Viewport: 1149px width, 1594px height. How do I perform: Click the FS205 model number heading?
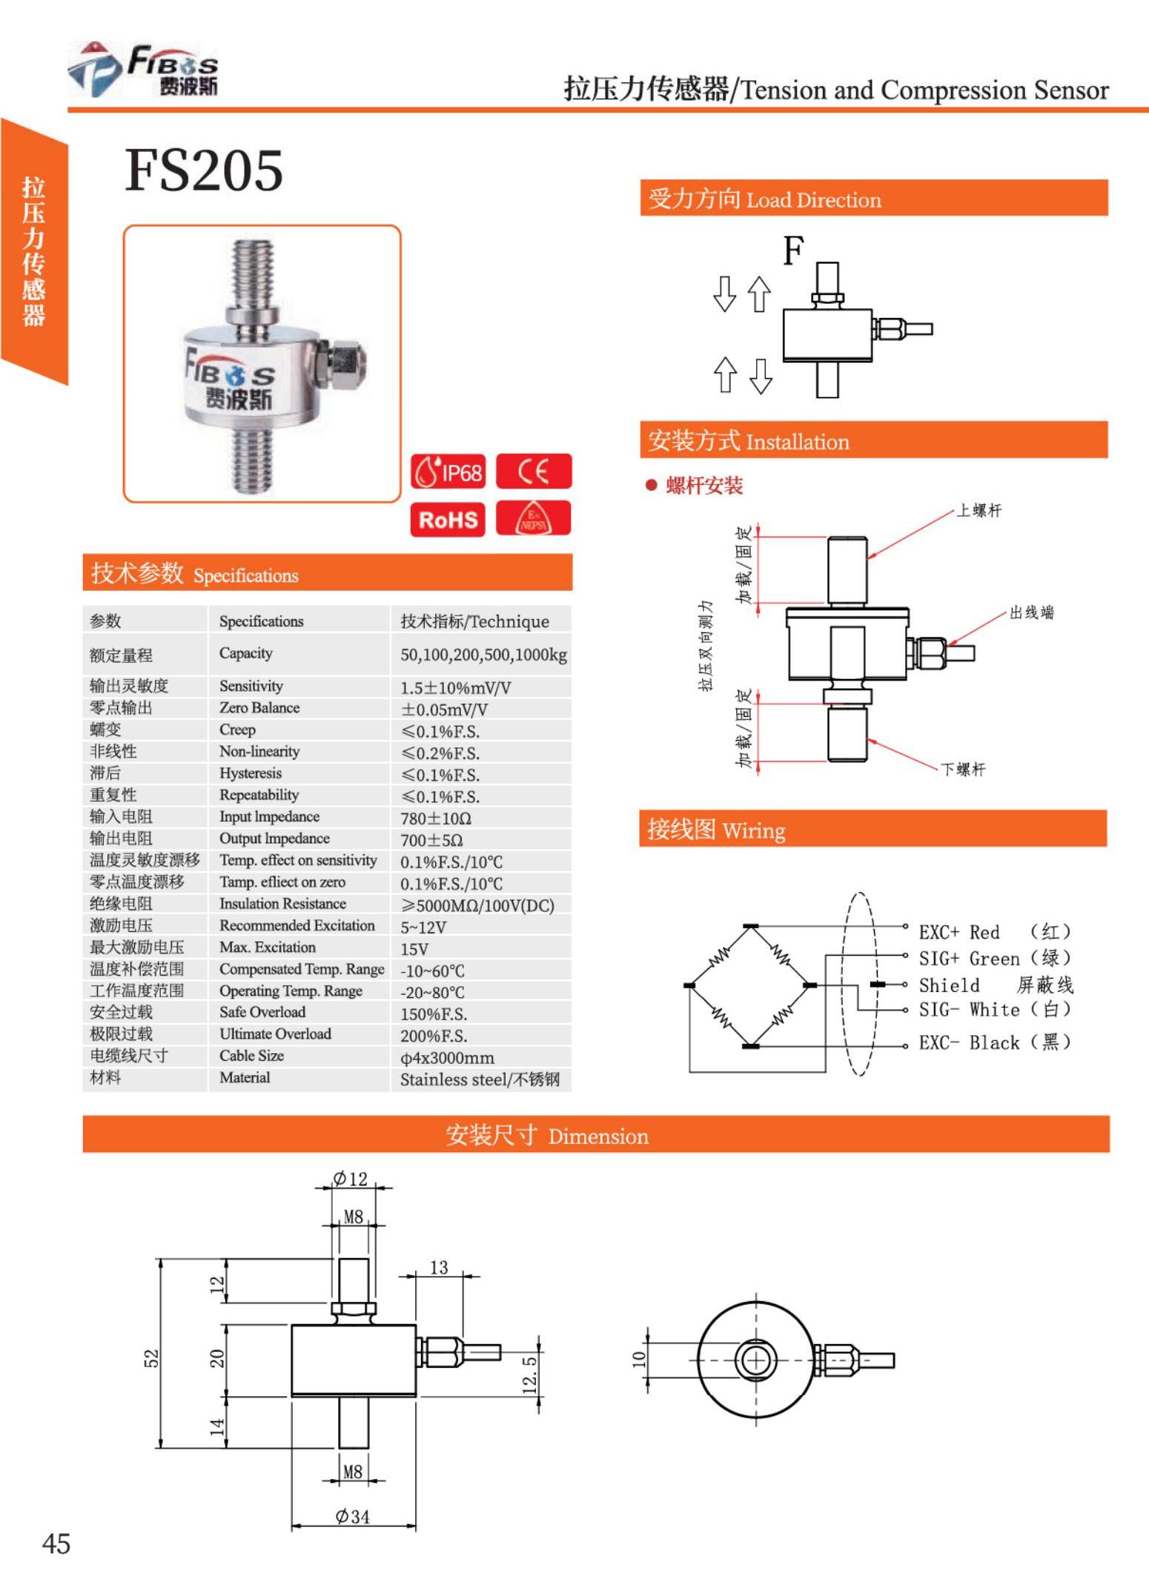[x=204, y=171]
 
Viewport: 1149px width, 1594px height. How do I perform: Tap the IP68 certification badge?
[x=448, y=472]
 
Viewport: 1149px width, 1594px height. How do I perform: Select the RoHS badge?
[x=448, y=519]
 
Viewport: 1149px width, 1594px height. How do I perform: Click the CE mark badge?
[x=534, y=472]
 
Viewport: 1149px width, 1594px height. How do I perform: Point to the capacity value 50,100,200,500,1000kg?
[x=483, y=655]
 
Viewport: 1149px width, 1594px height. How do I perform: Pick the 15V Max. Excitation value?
[x=414, y=949]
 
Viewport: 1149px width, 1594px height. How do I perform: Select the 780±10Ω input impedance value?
[x=436, y=819]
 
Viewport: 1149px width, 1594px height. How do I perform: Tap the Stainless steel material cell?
[x=480, y=1079]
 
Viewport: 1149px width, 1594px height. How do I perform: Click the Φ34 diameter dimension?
[x=352, y=1516]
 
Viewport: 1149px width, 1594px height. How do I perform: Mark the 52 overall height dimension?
[x=151, y=1358]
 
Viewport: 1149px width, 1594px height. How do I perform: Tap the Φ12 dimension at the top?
[x=351, y=1179]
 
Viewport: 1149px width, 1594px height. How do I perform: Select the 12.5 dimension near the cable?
[x=529, y=1374]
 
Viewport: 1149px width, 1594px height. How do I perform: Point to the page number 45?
[x=56, y=1544]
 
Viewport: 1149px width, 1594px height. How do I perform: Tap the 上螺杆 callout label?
[x=979, y=511]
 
